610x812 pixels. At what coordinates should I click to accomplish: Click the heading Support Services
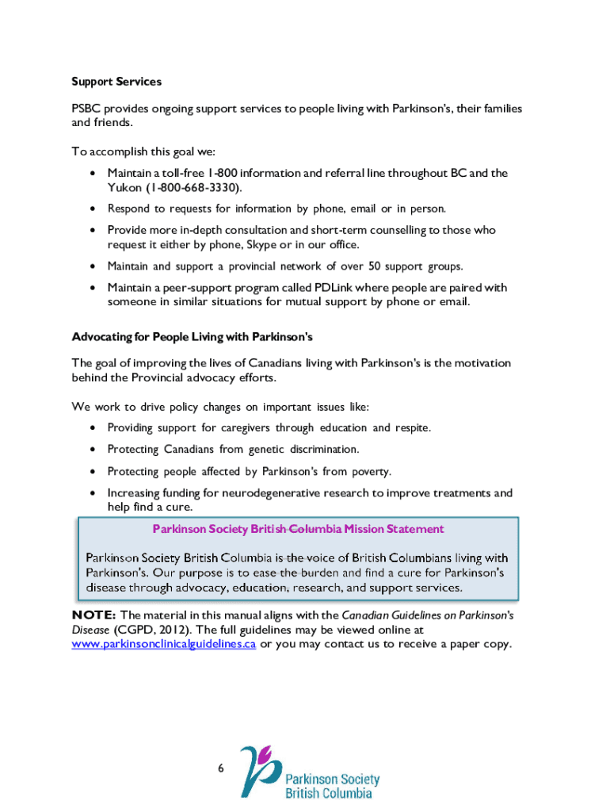pos(116,82)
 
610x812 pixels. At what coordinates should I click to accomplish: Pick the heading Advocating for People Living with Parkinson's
pos(193,337)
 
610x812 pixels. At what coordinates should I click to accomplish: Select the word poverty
pos(368,472)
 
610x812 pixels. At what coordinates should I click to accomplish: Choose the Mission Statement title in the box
pos(298,529)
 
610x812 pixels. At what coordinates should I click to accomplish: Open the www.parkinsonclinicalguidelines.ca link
pos(163,644)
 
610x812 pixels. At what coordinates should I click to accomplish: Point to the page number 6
pos(221,768)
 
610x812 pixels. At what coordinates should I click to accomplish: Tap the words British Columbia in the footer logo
pos(328,793)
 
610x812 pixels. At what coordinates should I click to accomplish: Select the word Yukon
pos(124,188)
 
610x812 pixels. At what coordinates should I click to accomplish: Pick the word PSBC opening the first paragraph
pos(86,109)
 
